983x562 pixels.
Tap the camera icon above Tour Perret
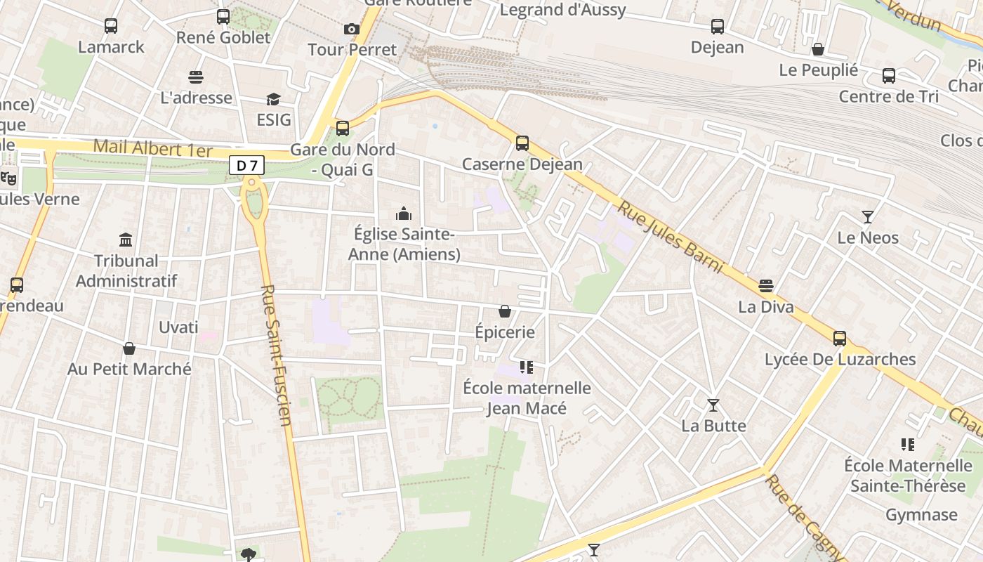pyautogui.click(x=352, y=29)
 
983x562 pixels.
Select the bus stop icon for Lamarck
pyautogui.click(x=111, y=26)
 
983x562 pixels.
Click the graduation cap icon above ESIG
pyautogui.click(x=273, y=99)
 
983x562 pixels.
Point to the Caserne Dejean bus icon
pyautogui.click(x=522, y=143)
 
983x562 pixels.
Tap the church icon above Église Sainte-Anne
pyautogui.click(x=404, y=213)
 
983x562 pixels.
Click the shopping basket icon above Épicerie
pyautogui.click(x=504, y=311)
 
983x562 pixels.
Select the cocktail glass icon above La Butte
pyautogui.click(x=713, y=405)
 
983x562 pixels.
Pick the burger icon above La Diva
pyautogui.click(x=766, y=286)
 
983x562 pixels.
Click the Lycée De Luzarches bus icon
pyautogui.click(x=840, y=339)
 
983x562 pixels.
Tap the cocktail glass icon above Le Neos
pyautogui.click(x=868, y=217)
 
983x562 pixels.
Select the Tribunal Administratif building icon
pyautogui.click(x=126, y=240)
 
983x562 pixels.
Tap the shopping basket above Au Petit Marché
pyautogui.click(x=129, y=348)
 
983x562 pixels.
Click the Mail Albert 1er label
pyautogui.click(x=152, y=148)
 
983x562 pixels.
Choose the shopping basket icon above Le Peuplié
pyautogui.click(x=818, y=49)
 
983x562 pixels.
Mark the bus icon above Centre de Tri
pyautogui.click(x=889, y=76)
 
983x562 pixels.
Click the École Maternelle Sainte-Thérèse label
pyautogui.click(x=908, y=476)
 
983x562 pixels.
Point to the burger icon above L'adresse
pyautogui.click(x=196, y=77)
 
